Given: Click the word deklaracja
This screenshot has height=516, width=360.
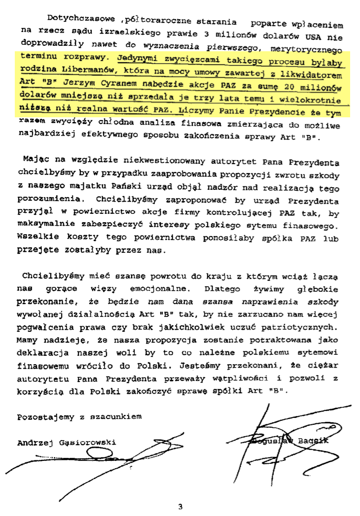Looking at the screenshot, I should coord(42,353).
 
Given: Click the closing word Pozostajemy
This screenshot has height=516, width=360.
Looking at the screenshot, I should coord(44,417).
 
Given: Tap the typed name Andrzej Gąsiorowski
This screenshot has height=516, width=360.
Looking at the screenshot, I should coord(66,443).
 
